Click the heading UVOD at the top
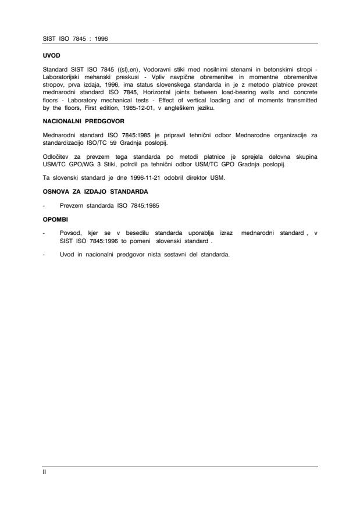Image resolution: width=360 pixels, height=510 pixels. [x=50, y=56]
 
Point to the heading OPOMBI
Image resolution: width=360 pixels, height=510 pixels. [x=53, y=220]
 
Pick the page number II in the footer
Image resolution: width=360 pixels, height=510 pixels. [x=44, y=472]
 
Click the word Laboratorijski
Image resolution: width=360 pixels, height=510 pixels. [x=63, y=76]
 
